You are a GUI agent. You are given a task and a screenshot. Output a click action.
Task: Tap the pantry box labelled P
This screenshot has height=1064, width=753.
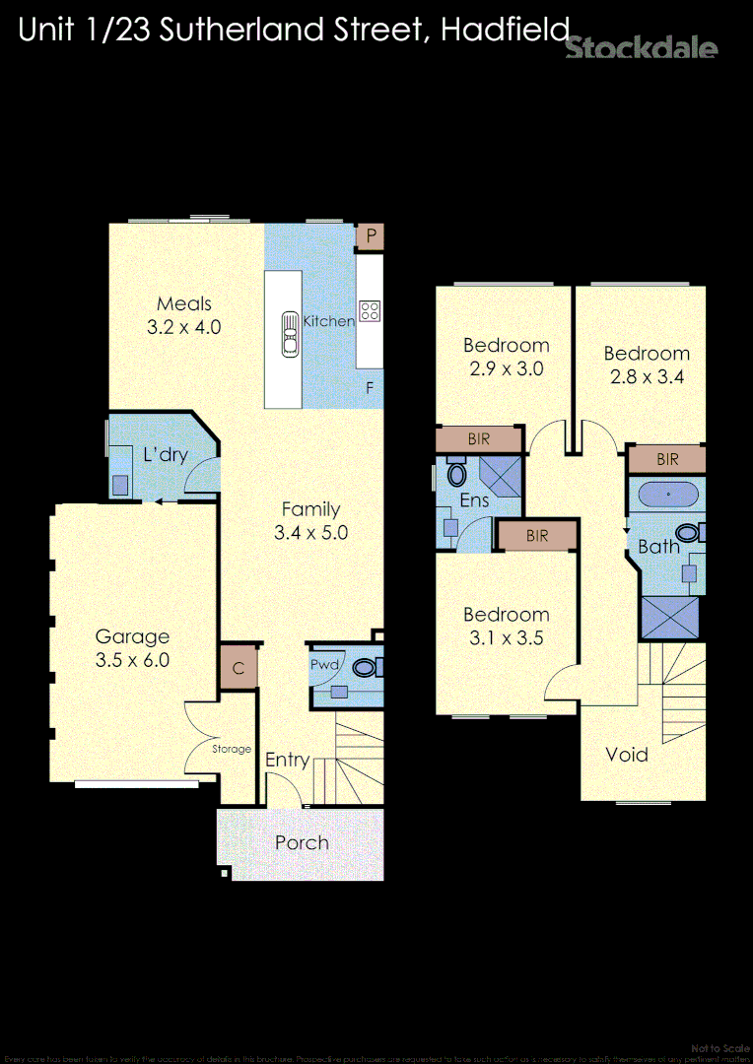click(x=371, y=236)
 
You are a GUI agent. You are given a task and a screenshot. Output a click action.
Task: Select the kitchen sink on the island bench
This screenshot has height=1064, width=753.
click(x=290, y=333)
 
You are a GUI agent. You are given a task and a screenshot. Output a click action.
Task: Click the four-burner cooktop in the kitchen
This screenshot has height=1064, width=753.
click(x=370, y=311)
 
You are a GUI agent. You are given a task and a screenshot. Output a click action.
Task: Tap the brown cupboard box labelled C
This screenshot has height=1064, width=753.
click(x=239, y=669)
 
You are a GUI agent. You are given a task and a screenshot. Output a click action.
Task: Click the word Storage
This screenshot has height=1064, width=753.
click(x=233, y=749)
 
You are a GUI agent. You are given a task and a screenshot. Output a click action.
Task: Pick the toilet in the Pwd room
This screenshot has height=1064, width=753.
click(x=365, y=668)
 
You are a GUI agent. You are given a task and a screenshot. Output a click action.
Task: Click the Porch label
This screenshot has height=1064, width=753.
click(x=302, y=842)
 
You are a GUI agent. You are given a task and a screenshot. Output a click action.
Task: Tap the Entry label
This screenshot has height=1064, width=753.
click(x=288, y=760)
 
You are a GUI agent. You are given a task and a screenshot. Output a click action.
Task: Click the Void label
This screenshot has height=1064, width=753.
click(x=627, y=755)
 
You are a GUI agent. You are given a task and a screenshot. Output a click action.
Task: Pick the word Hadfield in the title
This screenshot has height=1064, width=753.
click(x=505, y=31)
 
